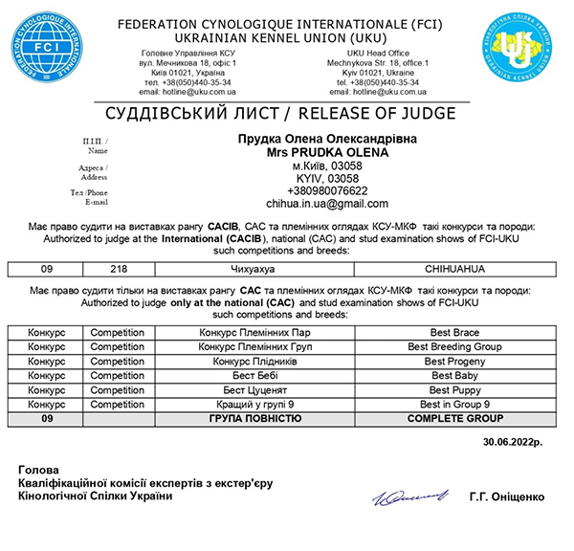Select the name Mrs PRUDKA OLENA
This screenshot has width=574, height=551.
point(327,152)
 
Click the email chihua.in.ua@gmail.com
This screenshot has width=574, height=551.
point(327,204)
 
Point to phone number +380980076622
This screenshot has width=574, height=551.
point(327,190)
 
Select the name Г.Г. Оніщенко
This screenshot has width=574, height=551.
point(507,496)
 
